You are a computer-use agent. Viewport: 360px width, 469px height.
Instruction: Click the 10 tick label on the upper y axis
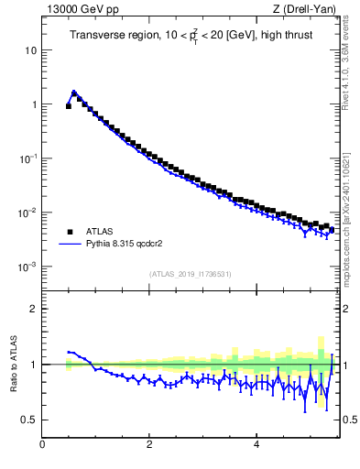[30, 49]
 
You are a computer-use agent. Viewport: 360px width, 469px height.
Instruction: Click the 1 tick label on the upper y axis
[33, 104]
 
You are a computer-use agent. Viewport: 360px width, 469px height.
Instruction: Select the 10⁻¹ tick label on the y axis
[28, 158]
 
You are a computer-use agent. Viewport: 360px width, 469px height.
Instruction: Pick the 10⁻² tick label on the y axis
[28, 213]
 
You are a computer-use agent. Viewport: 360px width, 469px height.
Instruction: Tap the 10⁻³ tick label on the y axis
[28, 267]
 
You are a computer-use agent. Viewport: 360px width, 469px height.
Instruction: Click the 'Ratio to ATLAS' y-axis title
[12, 365]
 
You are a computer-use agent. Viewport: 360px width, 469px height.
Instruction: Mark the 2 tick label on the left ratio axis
[33, 309]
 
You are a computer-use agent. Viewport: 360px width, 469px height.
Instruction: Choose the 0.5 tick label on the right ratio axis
[350, 420]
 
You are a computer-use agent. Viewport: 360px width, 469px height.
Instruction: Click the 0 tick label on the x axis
[42, 445]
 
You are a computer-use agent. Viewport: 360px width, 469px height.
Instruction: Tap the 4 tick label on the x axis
[256, 445]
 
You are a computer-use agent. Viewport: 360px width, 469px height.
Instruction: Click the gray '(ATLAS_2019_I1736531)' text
[191, 274]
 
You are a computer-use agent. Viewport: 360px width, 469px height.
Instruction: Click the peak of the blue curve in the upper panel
[74, 92]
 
